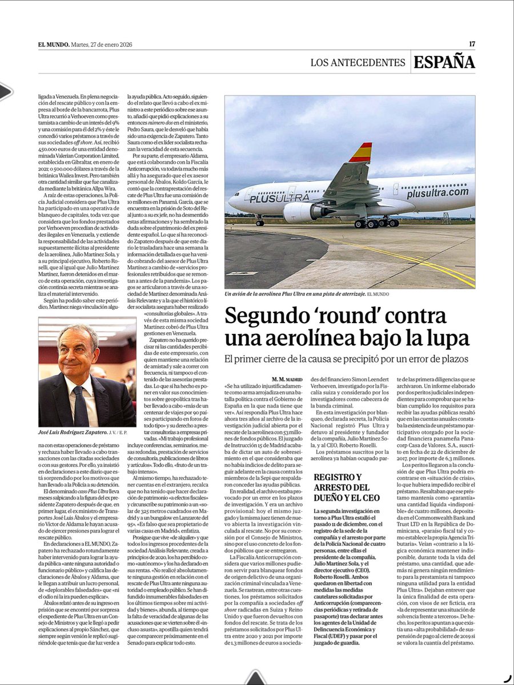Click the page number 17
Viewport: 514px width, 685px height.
coord(472,44)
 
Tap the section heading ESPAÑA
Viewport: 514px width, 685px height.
coord(444,62)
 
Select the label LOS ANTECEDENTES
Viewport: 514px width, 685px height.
coord(357,62)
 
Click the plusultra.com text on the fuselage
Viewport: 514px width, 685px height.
coord(437,194)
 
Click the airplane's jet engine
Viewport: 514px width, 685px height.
coord(300,212)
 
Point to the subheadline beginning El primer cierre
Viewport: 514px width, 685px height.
coord(346,360)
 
